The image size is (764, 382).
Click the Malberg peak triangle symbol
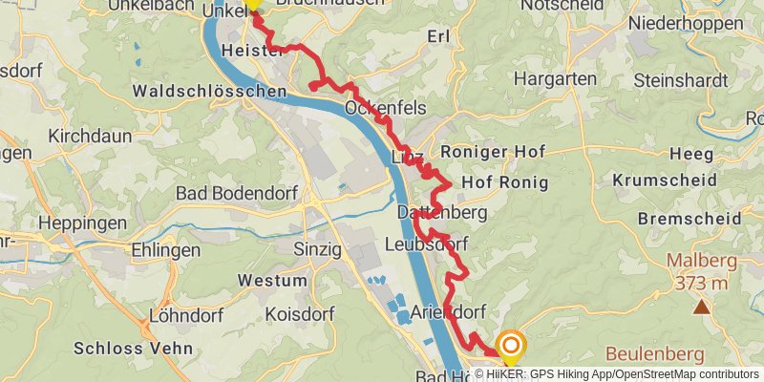point(702,307)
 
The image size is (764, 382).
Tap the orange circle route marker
point(511,346)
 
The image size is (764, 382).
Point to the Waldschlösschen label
point(210,92)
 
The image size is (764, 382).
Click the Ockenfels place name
point(386,108)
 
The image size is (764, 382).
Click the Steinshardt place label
point(680,80)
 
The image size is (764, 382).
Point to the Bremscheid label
point(685,219)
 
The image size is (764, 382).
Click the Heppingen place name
point(84,223)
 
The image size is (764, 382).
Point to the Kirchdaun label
point(90,137)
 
